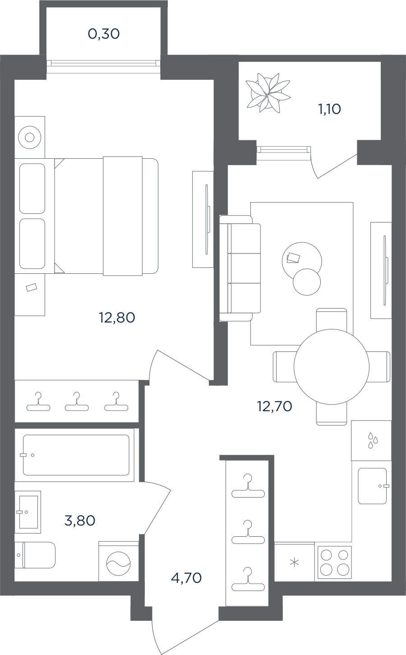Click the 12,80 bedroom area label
coord(117,318)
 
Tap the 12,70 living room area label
coord(274,406)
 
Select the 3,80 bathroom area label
coord(79,521)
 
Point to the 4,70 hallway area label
coord(186,578)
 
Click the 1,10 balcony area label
coord(329,109)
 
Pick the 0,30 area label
coord(104,34)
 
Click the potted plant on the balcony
coord(268,93)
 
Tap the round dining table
coord(332,367)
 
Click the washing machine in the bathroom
coord(119,563)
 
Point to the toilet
coord(35,555)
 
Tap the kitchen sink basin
coord(372,486)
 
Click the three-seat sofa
coord(240,268)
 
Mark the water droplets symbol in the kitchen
coord(372,440)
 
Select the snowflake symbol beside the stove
coord(294,563)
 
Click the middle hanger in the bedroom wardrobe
coord(77,401)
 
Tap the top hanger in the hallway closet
coord(248,486)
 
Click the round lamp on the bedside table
coord(29,137)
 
